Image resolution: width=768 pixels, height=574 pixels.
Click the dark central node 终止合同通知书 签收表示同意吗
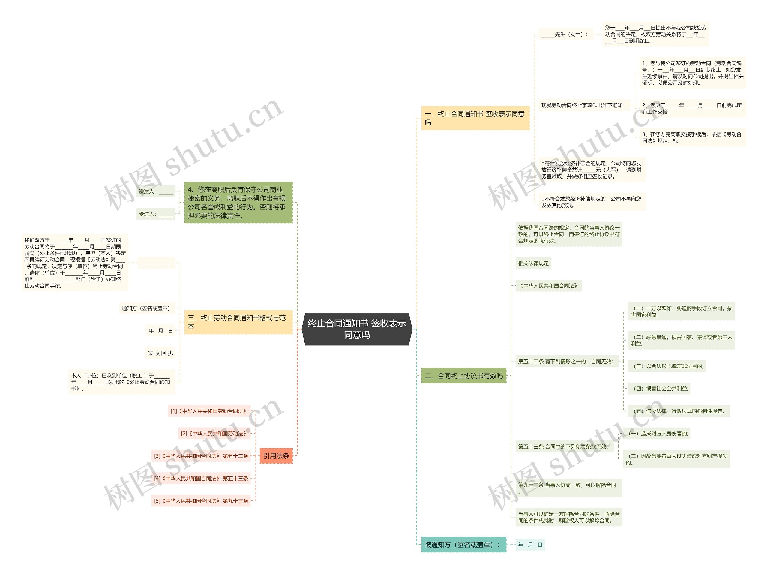pyautogui.click(x=357, y=329)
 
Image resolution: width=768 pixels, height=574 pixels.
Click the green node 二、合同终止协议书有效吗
pyautogui.click(x=463, y=376)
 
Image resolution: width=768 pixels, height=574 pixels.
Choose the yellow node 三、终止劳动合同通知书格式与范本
pyautogui.click(x=238, y=322)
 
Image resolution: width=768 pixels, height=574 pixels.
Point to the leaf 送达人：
pyautogui.click(x=155, y=191)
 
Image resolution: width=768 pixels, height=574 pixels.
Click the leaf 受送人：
pyautogui.click(x=155, y=214)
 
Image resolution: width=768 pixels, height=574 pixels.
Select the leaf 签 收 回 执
pyautogui.click(x=160, y=353)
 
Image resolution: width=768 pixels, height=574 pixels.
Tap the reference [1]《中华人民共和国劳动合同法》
pyautogui.click(x=209, y=411)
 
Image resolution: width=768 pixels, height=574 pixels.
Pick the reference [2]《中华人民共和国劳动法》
pyautogui.click(x=214, y=433)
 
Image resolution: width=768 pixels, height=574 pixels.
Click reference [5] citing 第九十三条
pyautogui.click(x=201, y=501)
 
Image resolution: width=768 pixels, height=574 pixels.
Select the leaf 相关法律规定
pyautogui.click(x=533, y=263)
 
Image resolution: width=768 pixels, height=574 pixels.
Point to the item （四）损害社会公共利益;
pyautogui.click(x=658, y=389)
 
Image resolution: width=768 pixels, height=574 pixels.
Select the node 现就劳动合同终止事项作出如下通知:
pyautogui.click(x=583, y=105)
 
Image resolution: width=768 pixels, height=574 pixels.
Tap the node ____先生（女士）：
pyautogui.click(x=565, y=34)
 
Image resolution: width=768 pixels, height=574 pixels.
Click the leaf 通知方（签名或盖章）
pyautogui.click(x=146, y=308)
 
